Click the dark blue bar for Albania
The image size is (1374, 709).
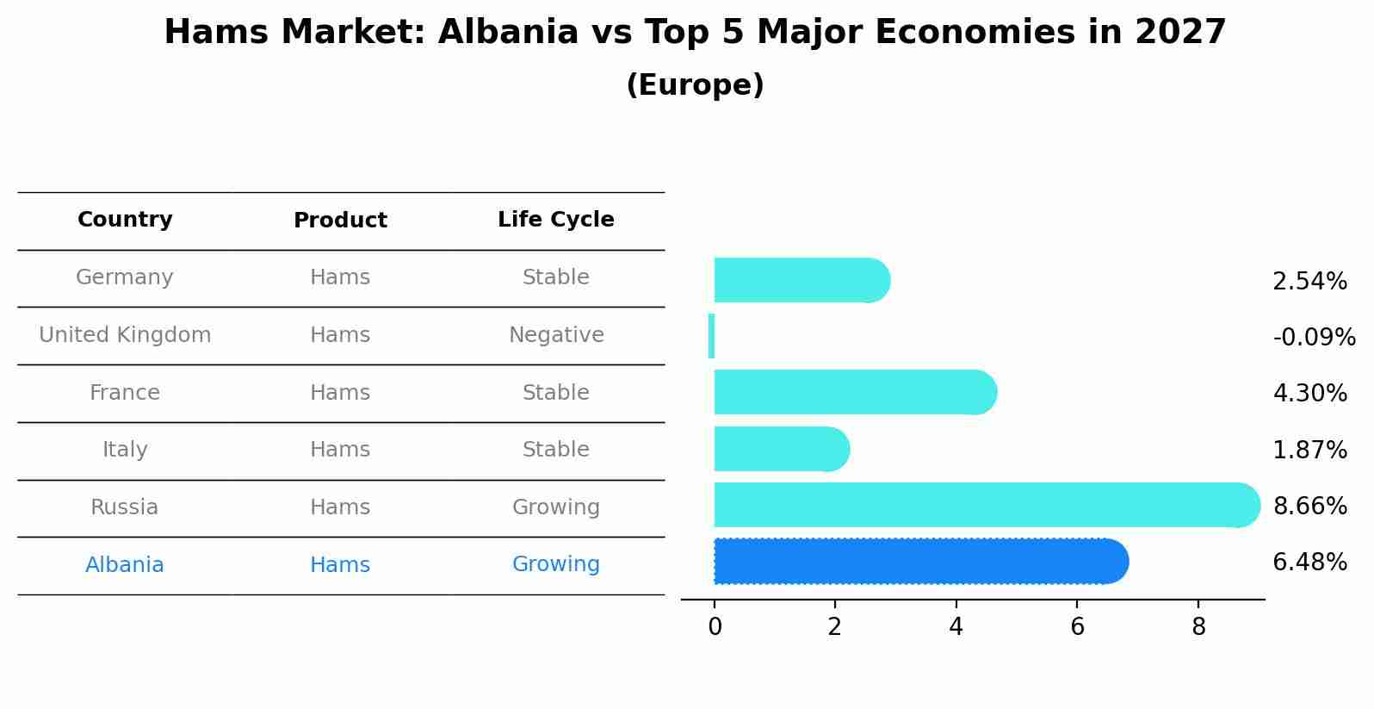pyautogui.click(x=919, y=562)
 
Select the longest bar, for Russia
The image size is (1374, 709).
pyautogui.click(x=986, y=505)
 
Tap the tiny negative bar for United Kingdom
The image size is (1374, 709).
pyautogui.click(x=711, y=336)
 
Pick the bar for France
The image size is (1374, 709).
pyautogui.click(x=854, y=392)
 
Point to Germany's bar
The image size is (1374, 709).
pyautogui.click(x=801, y=280)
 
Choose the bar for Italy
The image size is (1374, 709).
pyautogui.click(x=781, y=449)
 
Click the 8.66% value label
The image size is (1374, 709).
pyautogui.click(x=1309, y=506)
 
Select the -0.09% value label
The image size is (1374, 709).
pyautogui.click(x=1314, y=337)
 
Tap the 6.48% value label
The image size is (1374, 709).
pyautogui.click(x=1309, y=563)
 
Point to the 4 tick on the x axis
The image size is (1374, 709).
pyautogui.click(x=956, y=627)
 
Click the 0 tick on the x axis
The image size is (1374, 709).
pyautogui.click(x=715, y=627)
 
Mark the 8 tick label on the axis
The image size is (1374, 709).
pyautogui.click(x=1198, y=627)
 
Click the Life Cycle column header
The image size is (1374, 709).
pyautogui.click(x=555, y=220)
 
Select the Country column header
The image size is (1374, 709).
pyautogui.click(x=125, y=220)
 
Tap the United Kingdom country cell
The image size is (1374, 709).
pyautogui.click(x=125, y=335)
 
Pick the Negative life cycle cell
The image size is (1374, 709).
pyautogui.click(x=556, y=335)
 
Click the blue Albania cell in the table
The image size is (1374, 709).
pyautogui.click(x=125, y=565)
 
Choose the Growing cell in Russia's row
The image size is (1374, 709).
pyautogui.click(x=556, y=507)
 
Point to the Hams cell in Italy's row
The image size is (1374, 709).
pyautogui.click(x=340, y=450)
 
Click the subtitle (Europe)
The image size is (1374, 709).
pyautogui.click(x=695, y=85)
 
